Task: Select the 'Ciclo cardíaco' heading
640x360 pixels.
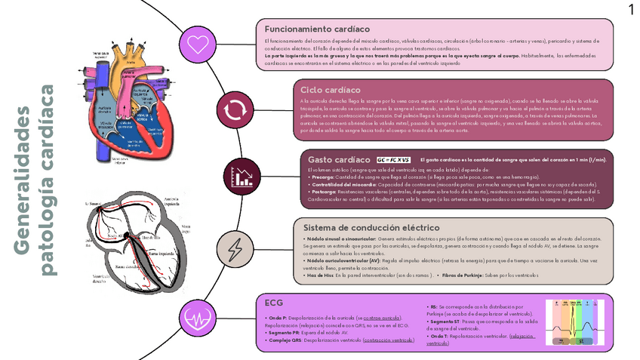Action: click(x=332, y=90)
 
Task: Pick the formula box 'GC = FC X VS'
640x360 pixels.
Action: click(x=393, y=161)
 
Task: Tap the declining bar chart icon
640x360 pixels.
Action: click(x=244, y=177)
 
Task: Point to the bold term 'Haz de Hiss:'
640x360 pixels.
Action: click(x=318, y=276)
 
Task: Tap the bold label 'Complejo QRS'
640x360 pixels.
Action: click(x=285, y=340)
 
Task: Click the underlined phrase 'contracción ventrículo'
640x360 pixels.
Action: click(x=388, y=340)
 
